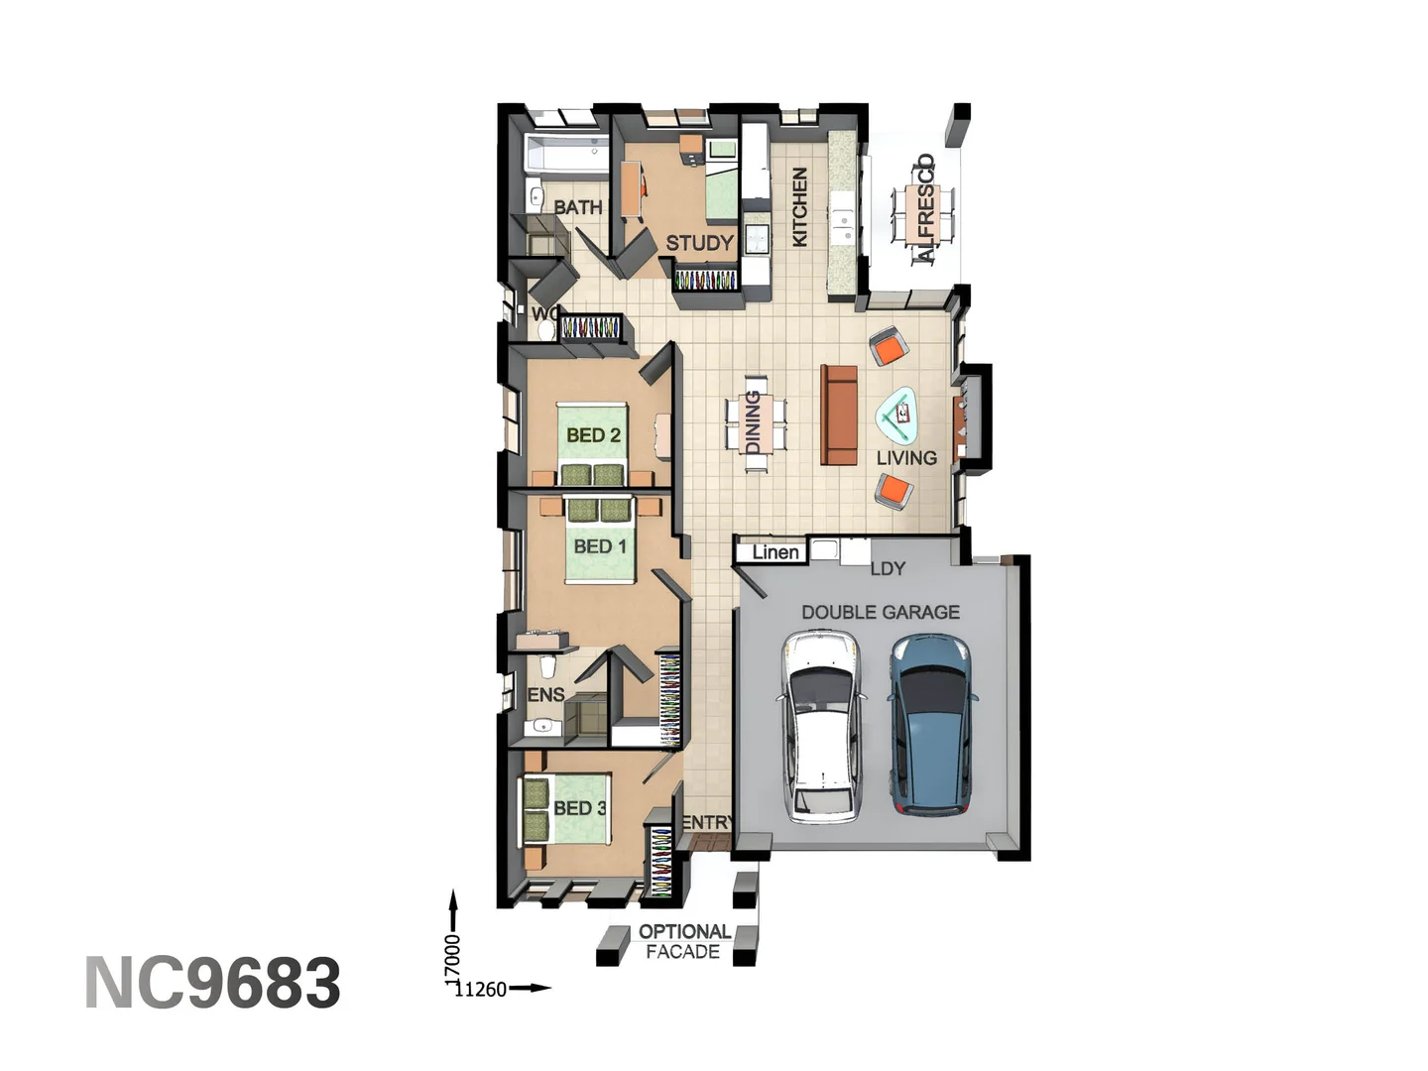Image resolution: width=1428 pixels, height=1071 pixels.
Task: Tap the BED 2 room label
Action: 593,435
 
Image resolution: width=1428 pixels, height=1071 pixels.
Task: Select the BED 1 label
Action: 600,546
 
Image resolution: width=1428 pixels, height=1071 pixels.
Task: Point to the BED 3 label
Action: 579,808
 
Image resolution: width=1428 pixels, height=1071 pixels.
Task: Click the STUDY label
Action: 699,243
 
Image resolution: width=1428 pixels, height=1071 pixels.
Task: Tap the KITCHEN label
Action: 799,206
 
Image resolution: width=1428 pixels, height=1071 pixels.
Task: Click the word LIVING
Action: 906,458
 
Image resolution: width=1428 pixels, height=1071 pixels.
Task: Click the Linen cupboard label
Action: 774,552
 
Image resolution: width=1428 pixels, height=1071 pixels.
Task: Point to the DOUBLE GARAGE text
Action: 881,613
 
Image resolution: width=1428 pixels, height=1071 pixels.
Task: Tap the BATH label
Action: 577,207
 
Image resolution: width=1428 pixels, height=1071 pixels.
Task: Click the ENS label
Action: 545,695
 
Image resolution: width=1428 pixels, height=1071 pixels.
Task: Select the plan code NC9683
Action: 212,983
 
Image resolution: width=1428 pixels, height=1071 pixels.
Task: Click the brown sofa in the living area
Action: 839,416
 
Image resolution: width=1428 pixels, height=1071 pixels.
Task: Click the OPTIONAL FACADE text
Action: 683,942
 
